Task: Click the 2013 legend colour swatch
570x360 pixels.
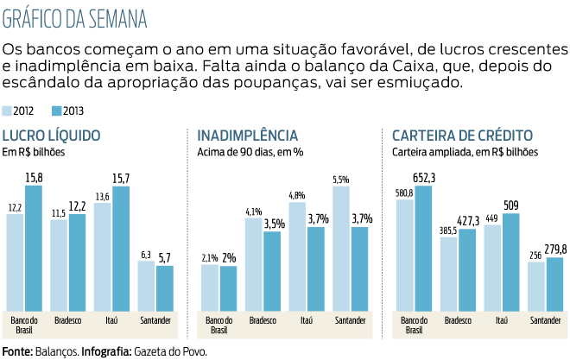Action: [56, 111]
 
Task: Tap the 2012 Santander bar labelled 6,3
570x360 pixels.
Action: [146, 287]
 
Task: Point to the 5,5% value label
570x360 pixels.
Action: [340, 180]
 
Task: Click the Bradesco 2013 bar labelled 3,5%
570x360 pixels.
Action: [272, 271]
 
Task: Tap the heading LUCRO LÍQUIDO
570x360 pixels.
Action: [51, 136]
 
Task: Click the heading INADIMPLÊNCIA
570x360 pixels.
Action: [247, 136]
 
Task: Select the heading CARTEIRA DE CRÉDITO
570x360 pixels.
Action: [461, 136]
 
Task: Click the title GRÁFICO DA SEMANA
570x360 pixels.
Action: [74, 18]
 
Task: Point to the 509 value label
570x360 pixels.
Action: [511, 206]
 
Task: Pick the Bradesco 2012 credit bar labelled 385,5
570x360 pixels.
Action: [448, 275]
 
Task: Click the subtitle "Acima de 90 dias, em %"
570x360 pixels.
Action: [250, 152]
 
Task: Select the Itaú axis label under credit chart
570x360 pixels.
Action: [502, 320]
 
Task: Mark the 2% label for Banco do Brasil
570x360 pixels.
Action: [229, 257]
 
